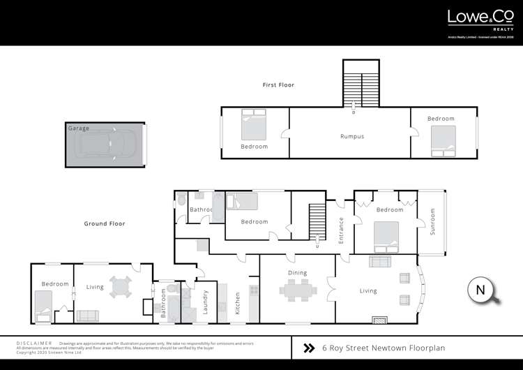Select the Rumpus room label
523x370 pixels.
pos(352,136)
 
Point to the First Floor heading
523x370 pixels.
pos(278,85)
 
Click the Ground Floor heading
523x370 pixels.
pos(105,223)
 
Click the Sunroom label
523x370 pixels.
pos(432,221)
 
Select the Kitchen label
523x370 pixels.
pos(238,302)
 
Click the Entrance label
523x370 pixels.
pos(342,229)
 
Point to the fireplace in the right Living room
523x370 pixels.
pos(379,319)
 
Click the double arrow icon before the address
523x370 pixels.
pos(309,347)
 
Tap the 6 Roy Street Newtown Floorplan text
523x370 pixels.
pos(384,347)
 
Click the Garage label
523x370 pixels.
pos(79,128)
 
